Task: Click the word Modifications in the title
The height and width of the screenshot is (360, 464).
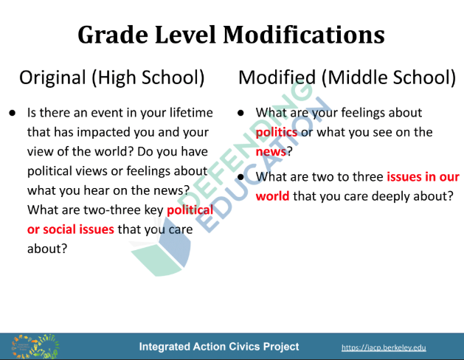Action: coord(304,35)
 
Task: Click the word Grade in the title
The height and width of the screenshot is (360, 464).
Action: coord(113,35)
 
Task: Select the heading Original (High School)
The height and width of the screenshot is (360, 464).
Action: coord(112,77)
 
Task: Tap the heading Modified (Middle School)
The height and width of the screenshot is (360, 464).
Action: coord(347,77)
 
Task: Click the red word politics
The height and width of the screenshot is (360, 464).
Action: coord(277,133)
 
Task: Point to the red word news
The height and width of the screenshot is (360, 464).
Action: coord(271,152)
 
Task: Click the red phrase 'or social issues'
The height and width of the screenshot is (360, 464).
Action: coord(70,229)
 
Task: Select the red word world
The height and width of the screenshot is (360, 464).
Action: coord(272,196)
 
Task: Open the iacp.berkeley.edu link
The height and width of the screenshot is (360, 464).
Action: coord(384,347)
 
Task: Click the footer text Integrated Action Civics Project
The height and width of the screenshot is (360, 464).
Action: coord(219,347)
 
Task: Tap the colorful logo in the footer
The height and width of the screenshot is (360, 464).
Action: coord(35,347)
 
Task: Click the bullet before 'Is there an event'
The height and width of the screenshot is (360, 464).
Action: coord(12,113)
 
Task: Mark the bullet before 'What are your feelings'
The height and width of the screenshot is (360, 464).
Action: coord(241,113)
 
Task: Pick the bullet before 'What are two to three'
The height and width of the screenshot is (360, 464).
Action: coord(241,177)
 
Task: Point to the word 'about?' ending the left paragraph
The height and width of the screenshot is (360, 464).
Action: coord(47,249)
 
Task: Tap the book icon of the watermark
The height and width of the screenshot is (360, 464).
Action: coord(161,247)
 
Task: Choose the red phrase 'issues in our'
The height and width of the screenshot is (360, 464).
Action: coord(423,177)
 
